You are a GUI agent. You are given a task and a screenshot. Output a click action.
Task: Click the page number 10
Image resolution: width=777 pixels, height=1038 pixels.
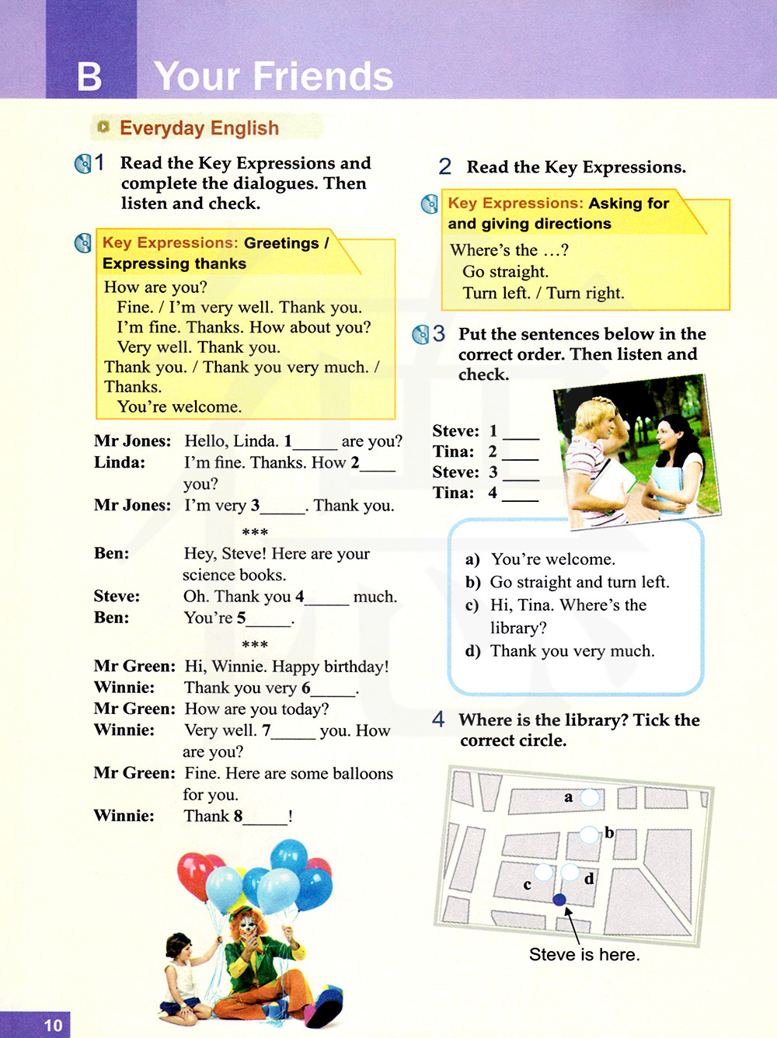point(53,1025)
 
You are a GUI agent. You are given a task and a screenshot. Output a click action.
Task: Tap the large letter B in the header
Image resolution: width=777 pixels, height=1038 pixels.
point(89,77)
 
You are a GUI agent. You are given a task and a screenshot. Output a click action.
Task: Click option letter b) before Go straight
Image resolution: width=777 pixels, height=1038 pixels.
point(472,583)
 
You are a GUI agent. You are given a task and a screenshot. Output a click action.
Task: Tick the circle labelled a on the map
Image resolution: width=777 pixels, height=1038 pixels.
point(591,797)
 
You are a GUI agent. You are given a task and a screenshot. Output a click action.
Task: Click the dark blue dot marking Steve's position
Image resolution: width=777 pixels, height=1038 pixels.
point(559,900)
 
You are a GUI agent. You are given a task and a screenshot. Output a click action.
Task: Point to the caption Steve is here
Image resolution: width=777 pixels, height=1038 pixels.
point(584,954)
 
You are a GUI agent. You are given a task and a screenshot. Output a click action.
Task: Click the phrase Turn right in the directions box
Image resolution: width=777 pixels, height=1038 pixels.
point(584,293)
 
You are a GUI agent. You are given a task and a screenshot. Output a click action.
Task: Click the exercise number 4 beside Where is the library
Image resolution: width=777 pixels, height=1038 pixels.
point(439,719)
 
